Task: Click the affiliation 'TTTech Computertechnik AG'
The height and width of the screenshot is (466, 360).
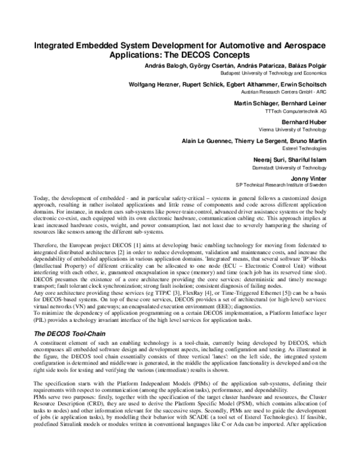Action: coord(311,111)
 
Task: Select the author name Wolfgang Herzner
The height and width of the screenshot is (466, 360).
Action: coord(155,85)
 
